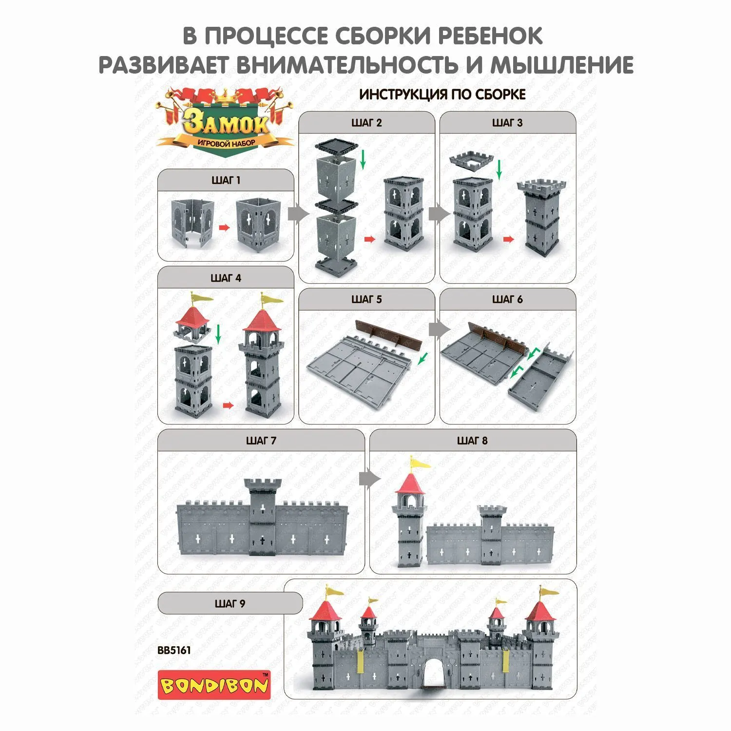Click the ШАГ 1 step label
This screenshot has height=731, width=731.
(x=226, y=180)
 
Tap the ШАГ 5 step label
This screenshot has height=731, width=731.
(x=366, y=299)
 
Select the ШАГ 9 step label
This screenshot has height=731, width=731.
(x=230, y=604)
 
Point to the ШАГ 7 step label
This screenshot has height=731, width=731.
(x=261, y=441)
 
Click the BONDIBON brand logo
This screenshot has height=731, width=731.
(x=214, y=685)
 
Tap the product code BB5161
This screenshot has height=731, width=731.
(x=174, y=650)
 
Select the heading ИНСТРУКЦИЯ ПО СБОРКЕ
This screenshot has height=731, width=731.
(x=442, y=95)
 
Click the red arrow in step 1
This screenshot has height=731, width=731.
(x=224, y=227)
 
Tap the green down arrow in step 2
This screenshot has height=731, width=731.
(x=363, y=160)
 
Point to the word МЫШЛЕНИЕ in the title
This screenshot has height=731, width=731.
(x=562, y=65)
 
